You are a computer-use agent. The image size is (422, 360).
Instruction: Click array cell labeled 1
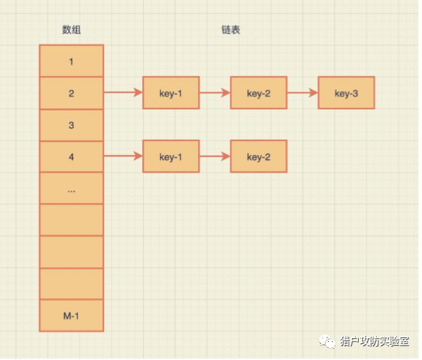pos(71,61)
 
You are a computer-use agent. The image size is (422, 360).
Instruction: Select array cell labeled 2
pos(71,93)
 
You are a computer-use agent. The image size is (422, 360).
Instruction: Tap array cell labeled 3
pos(71,125)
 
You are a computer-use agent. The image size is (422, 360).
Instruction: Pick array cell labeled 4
pos(71,157)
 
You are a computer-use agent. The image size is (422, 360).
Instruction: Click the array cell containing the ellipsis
pos(71,189)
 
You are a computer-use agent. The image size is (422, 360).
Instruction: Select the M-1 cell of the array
pos(71,316)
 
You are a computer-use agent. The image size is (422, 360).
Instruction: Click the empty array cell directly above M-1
pos(71,284)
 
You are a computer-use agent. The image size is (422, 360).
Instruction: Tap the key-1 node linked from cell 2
pos(170,93)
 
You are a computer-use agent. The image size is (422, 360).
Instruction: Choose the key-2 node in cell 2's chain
pos(259,93)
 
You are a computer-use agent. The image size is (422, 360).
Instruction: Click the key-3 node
pos(346,93)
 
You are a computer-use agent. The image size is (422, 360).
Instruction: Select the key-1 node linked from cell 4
pos(170,156)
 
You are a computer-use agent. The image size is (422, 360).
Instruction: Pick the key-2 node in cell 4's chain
pos(259,156)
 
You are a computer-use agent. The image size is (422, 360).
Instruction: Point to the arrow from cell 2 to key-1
pos(123,93)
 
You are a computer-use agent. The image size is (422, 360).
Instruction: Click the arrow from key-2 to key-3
pos(302,93)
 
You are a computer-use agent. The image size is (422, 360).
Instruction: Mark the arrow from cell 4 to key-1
pos(123,156)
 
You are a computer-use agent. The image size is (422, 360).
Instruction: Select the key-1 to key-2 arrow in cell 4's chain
pos(214,156)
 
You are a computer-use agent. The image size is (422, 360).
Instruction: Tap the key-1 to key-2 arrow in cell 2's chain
pos(214,93)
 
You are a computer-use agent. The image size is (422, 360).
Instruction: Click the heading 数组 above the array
pos(71,30)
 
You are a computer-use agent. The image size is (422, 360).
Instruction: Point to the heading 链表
pos(230,30)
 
